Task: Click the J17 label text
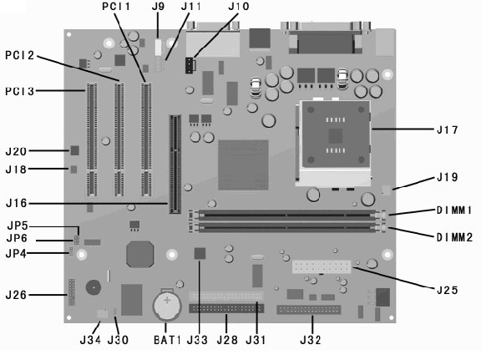448,129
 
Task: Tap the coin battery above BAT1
167,305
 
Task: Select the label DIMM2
454,237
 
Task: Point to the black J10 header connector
190,65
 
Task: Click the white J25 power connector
321,266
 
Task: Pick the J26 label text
17,295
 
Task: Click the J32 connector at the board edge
308,310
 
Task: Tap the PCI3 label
19,91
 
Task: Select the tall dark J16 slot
175,164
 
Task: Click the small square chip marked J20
74,150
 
